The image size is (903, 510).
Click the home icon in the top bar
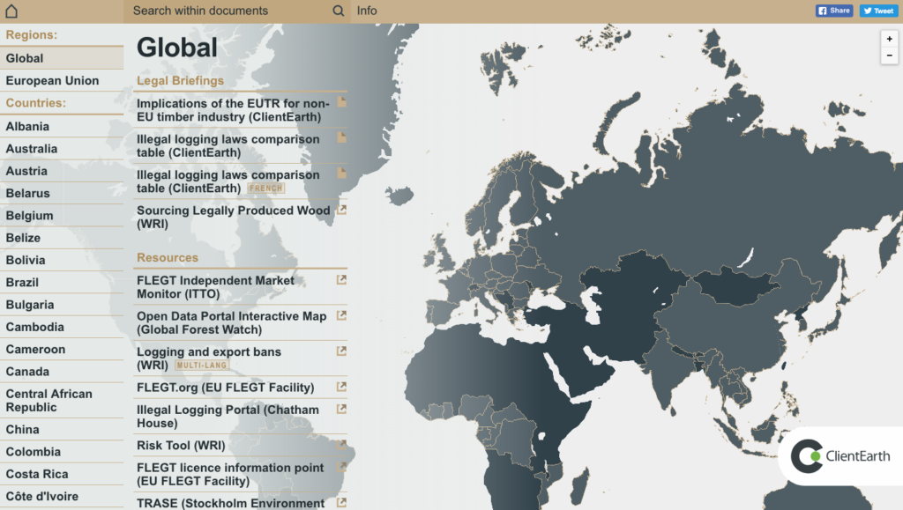[x=11, y=11]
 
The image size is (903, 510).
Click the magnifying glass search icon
[x=339, y=11]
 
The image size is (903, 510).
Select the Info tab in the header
[x=367, y=11]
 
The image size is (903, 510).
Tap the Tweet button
[x=878, y=11]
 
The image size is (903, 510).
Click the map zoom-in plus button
[x=889, y=39]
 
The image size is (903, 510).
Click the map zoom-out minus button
[x=889, y=55]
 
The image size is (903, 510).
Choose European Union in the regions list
[x=52, y=81]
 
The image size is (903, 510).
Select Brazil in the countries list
[x=22, y=283]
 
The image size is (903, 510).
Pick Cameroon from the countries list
[x=35, y=350]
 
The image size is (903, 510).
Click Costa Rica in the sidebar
[x=34, y=474]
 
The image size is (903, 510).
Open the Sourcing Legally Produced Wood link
[x=233, y=218]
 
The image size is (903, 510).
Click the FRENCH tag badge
[x=266, y=188]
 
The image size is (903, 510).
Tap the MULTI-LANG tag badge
[x=202, y=366]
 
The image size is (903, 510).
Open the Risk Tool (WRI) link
[x=181, y=446]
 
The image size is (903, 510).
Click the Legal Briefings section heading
[x=180, y=81]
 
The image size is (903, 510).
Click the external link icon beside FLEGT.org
[x=341, y=387]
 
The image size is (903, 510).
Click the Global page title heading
[x=176, y=48]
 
